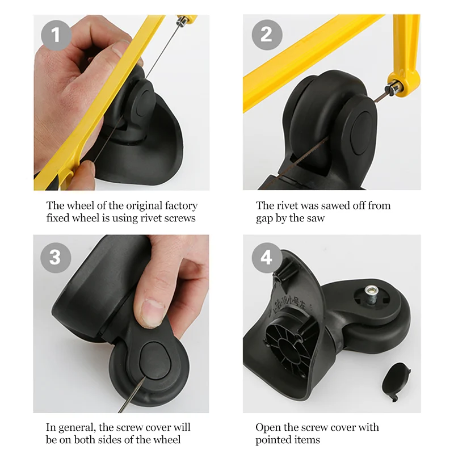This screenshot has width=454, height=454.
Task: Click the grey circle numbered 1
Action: (x=55, y=36)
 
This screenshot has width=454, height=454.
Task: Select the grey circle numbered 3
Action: (x=55, y=257)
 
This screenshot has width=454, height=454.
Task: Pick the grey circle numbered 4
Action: (x=266, y=257)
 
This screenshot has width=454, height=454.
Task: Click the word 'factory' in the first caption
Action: (x=178, y=205)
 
